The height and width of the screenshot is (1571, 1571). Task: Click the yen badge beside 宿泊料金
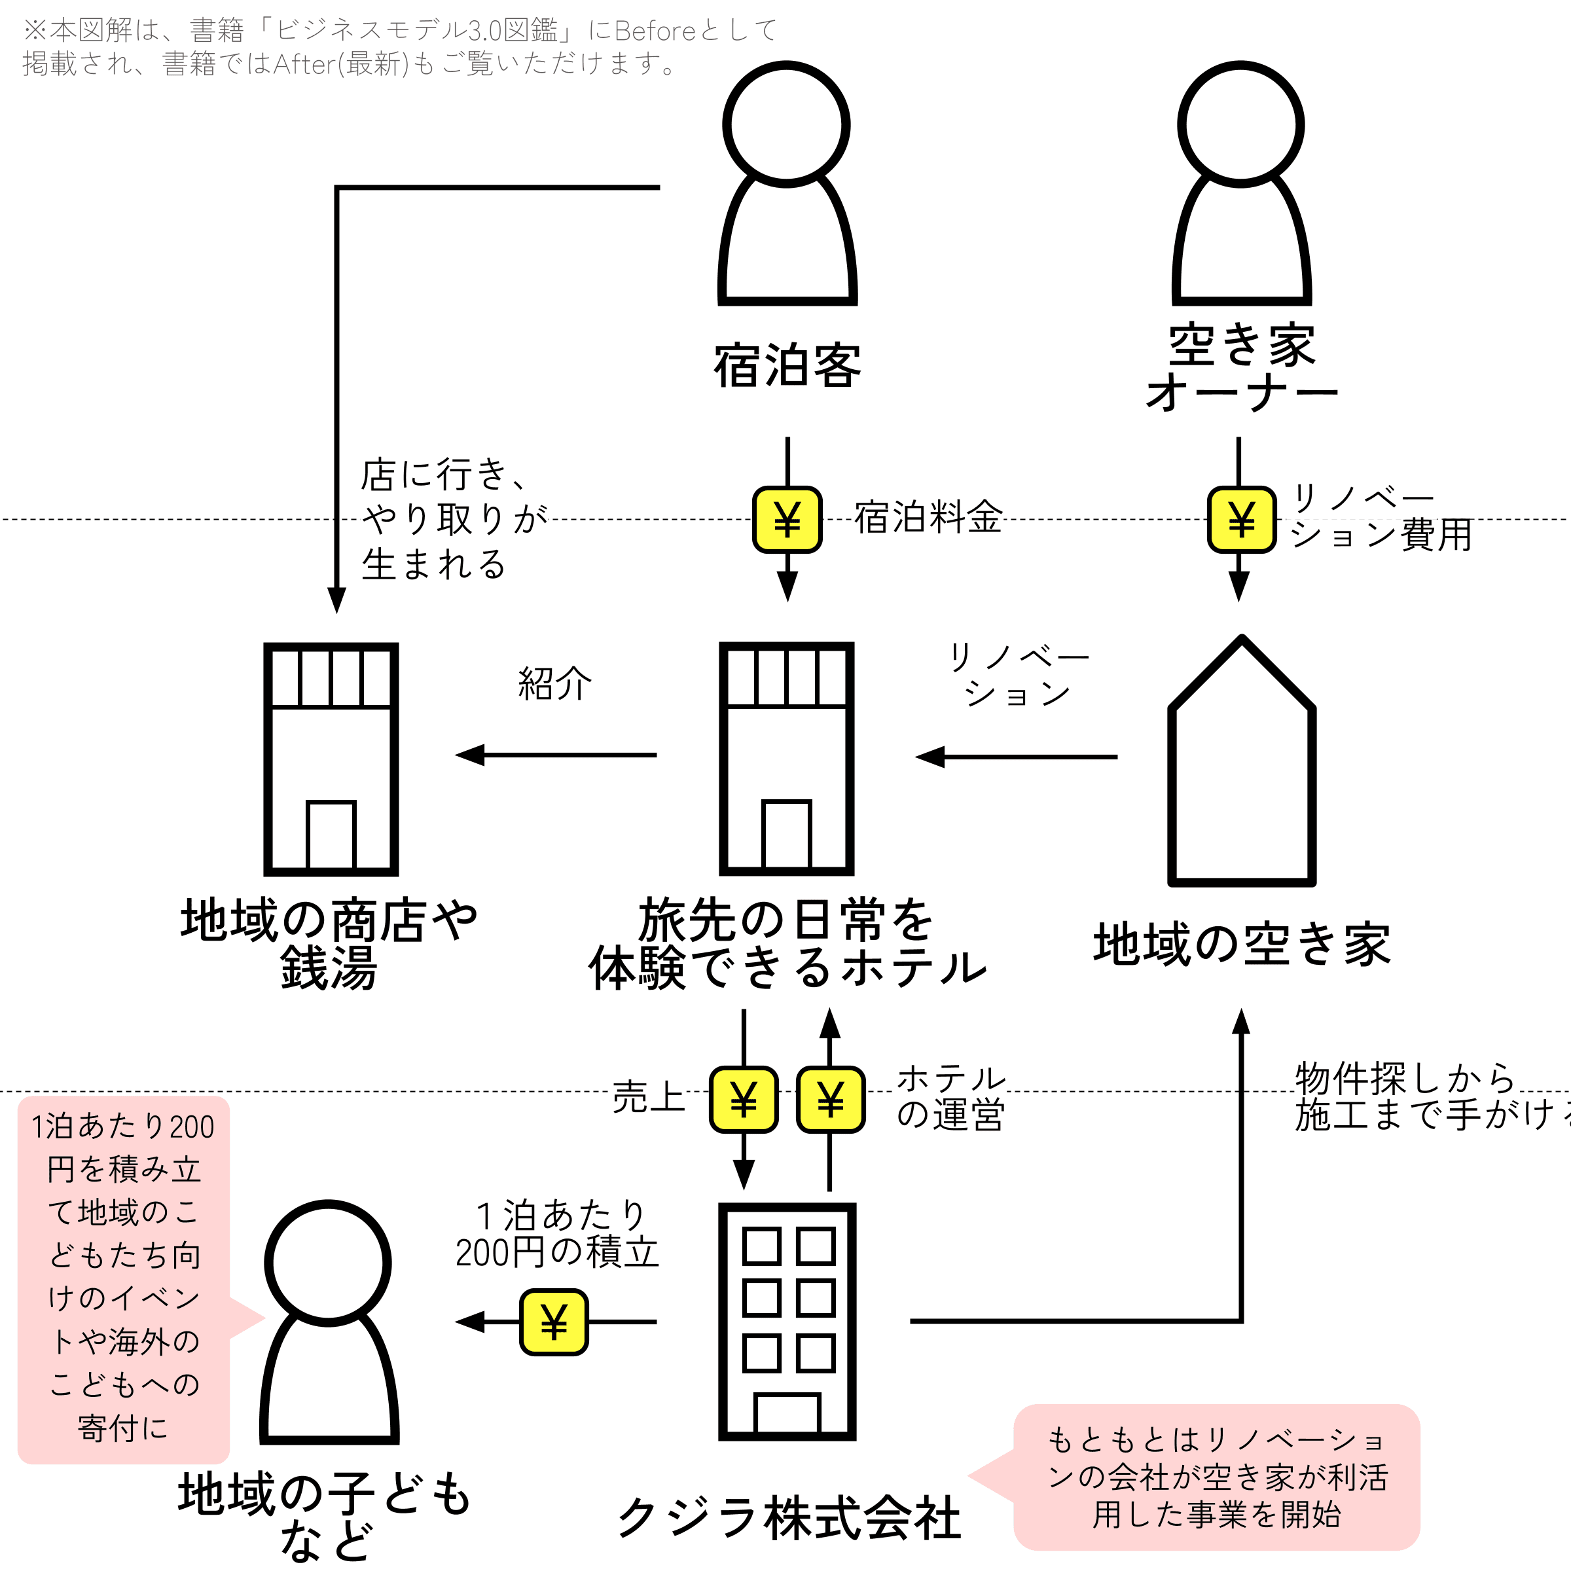pyautogui.click(x=787, y=520)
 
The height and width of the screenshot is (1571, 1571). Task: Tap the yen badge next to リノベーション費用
pyautogui.click(x=1241, y=520)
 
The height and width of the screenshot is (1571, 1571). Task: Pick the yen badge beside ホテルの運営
pyautogui.click(x=830, y=1100)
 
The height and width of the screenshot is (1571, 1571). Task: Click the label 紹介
pyautogui.click(x=554, y=683)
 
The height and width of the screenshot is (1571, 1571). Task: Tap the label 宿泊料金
pyautogui.click(x=928, y=517)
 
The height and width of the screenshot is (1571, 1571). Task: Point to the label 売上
pyautogui.click(x=649, y=1096)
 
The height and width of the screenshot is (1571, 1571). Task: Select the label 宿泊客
pyautogui.click(x=787, y=366)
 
